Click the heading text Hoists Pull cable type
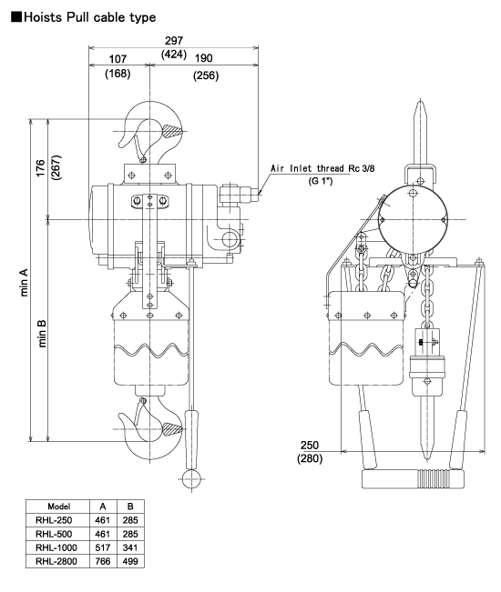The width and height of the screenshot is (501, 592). click(x=89, y=17)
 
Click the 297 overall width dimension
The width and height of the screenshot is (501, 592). click(x=174, y=40)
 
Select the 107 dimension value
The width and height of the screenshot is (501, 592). click(x=118, y=59)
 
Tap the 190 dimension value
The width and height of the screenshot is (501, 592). click(x=203, y=58)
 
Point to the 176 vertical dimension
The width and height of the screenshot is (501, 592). click(x=40, y=168)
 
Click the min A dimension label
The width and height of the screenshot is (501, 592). click(x=24, y=283)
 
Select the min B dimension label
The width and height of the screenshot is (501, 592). click(x=42, y=334)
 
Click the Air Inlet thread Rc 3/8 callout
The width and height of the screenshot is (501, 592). click(x=322, y=168)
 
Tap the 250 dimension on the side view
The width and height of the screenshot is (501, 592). click(x=310, y=445)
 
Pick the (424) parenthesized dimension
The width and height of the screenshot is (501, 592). click(x=174, y=55)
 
